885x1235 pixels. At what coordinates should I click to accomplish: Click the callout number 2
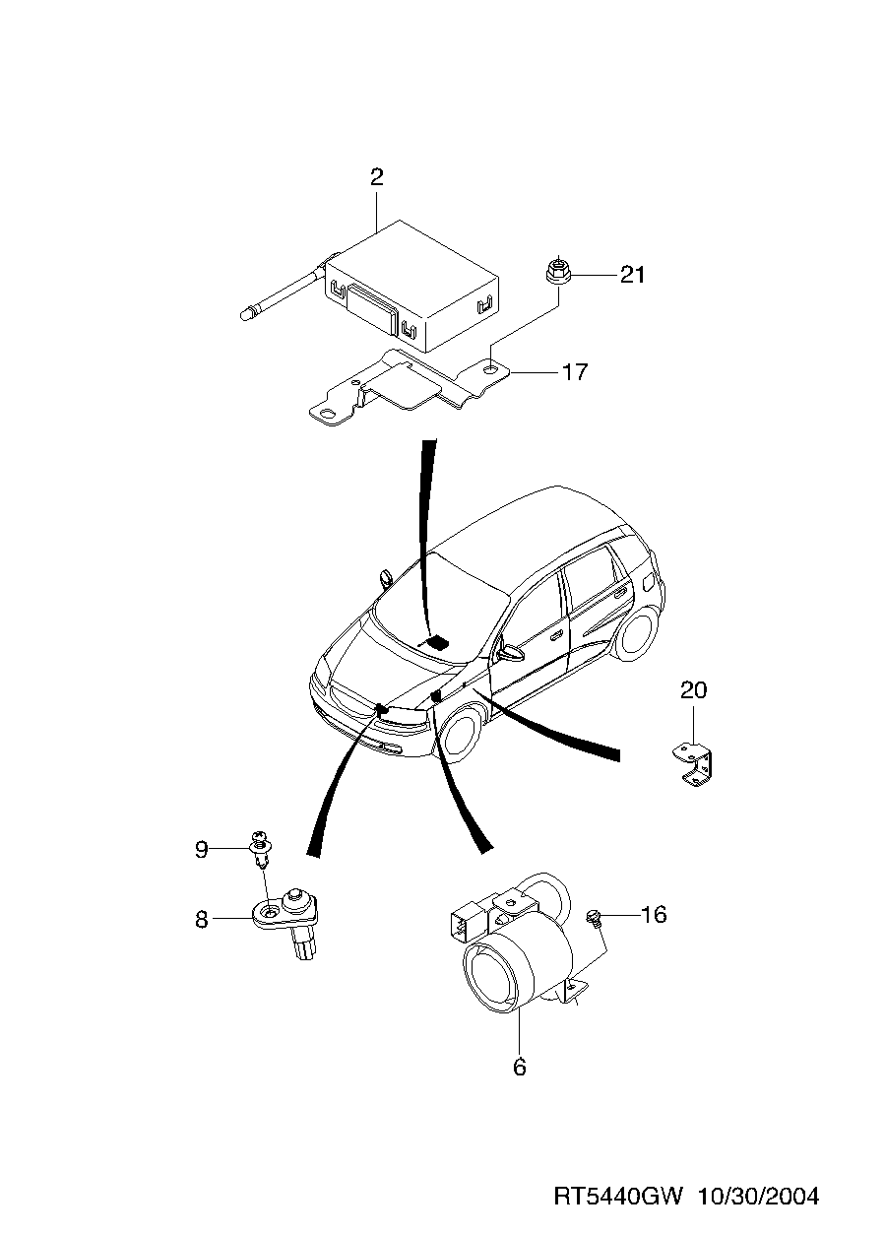376,177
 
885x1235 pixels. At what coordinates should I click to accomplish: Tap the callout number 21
632,275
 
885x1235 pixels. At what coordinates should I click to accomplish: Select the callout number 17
575,372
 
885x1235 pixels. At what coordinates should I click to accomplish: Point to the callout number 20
693,689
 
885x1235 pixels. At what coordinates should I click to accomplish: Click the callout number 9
202,850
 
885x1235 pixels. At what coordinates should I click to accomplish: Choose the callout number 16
654,915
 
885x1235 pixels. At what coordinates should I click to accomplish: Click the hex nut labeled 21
557,272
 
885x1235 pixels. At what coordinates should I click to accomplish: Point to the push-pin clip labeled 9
262,859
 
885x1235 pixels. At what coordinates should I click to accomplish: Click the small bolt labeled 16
593,918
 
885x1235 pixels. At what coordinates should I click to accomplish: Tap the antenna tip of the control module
247,315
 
